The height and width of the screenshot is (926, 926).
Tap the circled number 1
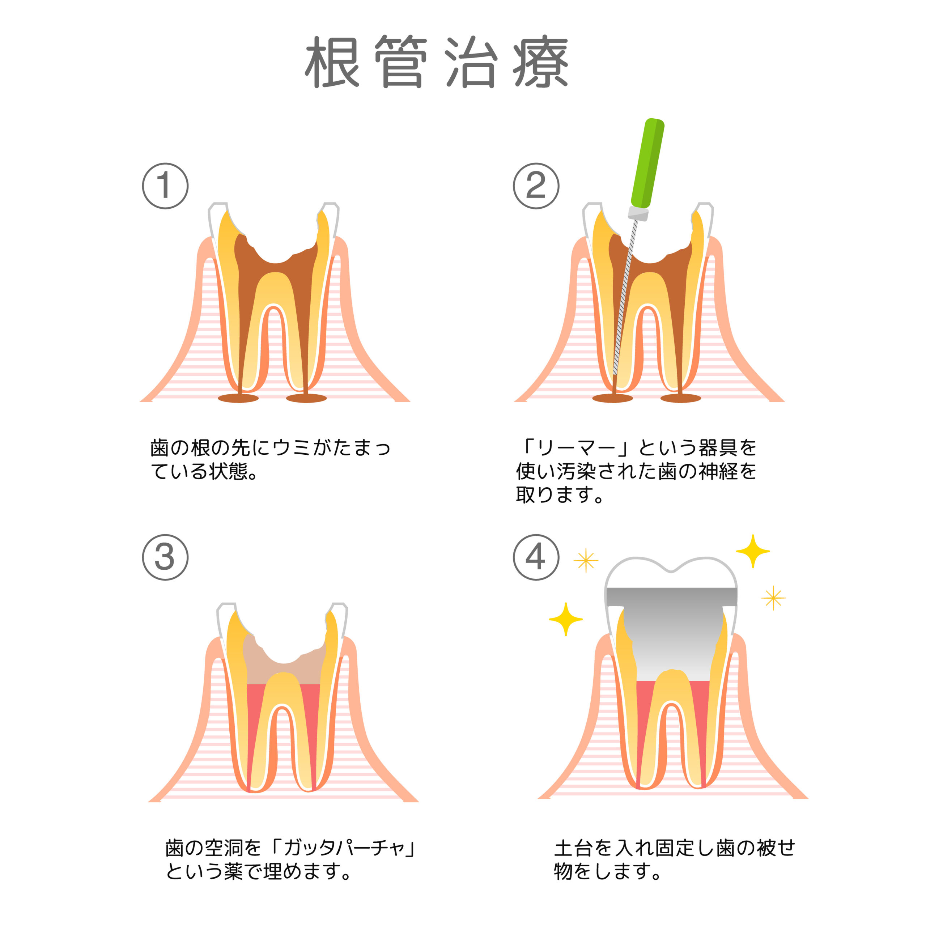[165, 186]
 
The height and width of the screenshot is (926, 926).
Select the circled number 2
[536, 186]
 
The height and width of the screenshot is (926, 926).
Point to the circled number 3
[165, 557]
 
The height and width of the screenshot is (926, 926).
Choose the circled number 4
[536, 557]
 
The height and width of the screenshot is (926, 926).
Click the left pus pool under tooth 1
[238, 398]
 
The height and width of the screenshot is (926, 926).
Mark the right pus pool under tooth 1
[306, 398]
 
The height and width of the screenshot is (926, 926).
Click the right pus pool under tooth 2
[681, 398]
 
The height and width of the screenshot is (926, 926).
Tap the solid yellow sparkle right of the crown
[752, 551]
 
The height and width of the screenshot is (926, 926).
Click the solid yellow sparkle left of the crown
[566, 619]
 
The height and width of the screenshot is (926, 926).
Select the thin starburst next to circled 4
[586, 560]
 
